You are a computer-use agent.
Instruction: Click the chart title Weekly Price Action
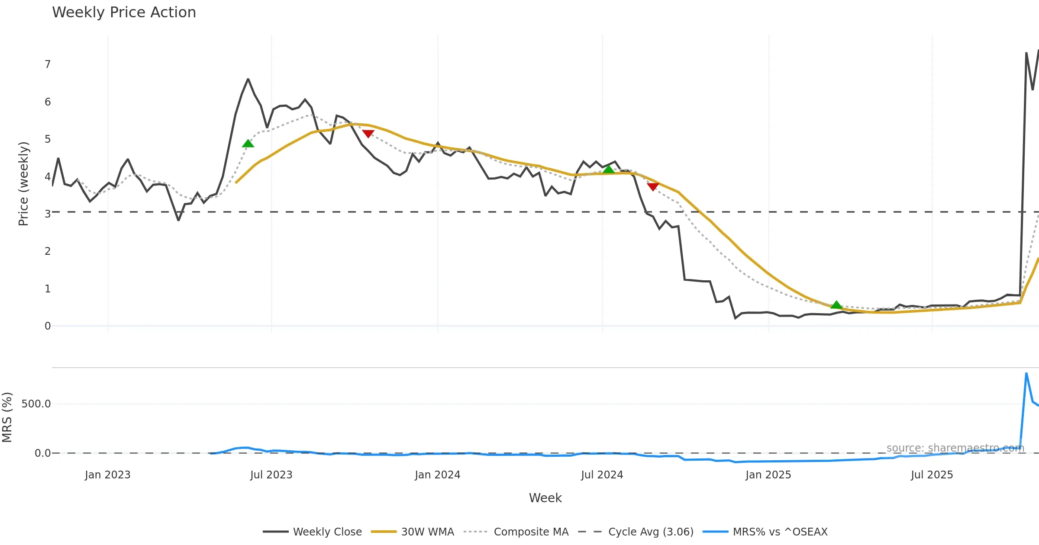click(124, 13)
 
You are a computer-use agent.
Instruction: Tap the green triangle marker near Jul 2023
click(248, 144)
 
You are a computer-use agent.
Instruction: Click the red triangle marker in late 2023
click(368, 134)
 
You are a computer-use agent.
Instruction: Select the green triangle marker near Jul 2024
click(609, 169)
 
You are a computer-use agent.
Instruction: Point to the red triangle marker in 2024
click(653, 186)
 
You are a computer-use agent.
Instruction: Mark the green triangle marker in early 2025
click(836, 305)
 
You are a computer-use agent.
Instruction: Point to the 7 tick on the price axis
click(48, 64)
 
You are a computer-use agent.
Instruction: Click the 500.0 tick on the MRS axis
click(36, 404)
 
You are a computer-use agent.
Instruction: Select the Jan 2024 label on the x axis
click(437, 475)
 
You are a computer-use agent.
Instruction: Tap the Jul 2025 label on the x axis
click(932, 475)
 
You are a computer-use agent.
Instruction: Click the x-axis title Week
click(545, 498)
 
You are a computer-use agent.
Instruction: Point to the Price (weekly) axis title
click(23, 184)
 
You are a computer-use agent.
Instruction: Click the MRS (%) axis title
click(7, 417)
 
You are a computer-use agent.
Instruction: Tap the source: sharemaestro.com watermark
click(955, 448)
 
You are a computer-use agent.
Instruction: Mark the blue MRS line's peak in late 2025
click(1026, 373)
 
